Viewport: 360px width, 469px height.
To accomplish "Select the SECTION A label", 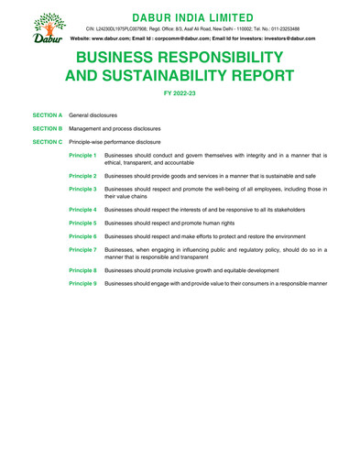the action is click(47, 117).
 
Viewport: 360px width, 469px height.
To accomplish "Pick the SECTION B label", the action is click(47, 130).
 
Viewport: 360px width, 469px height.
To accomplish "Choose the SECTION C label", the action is click(47, 143).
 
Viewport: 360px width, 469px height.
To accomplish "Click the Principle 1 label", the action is click(82, 156).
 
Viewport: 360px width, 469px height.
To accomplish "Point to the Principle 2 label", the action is click(82, 175).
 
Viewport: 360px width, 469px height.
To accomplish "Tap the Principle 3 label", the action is click(82, 189).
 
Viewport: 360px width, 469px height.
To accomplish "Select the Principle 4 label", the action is click(82, 209).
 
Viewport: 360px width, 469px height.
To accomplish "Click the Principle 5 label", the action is click(82, 223).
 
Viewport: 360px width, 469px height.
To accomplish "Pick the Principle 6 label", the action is click(82, 236).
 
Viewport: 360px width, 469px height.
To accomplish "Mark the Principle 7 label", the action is click(82, 249).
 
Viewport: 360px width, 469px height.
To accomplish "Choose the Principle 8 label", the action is click(82, 270).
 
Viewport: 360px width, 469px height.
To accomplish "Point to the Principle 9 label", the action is click(82, 284).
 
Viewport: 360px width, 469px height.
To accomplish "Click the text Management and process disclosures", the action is click(126, 130).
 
